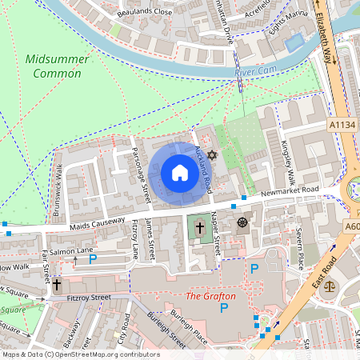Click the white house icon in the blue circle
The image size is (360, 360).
pyautogui.click(x=179, y=173)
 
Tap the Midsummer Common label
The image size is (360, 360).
pyautogui.click(x=53, y=66)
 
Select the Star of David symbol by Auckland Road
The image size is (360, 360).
pyautogui.click(x=212, y=154)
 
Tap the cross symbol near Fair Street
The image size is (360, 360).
pyautogui.click(x=58, y=284)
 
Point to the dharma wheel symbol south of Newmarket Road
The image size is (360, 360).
pyautogui.click(x=242, y=222)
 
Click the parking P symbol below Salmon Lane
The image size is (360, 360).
pyautogui.click(x=93, y=259)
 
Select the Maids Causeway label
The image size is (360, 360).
pyautogui.click(x=98, y=222)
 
